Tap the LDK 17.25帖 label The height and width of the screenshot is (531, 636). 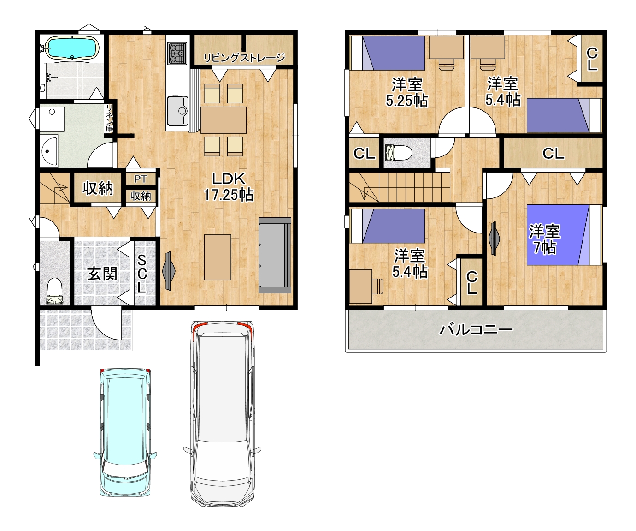click(229, 187)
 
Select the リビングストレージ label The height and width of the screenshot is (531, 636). click(244, 57)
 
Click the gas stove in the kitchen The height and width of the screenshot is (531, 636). click(177, 54)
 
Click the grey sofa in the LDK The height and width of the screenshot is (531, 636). click(275, 255)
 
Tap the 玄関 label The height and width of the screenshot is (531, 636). click(102, 274)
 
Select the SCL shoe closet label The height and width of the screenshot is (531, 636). click(141, 274)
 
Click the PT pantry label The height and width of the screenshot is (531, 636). click(141, 179)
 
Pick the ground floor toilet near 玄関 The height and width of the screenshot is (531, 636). click(55, 291)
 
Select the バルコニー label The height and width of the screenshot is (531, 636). click(476, 330)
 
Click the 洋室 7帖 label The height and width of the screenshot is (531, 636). click(545, 239)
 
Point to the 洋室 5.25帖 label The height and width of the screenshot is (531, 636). click(407, 93)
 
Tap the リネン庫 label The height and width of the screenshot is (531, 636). click(109, 119)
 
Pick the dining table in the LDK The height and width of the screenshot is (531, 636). click(223, 120)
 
